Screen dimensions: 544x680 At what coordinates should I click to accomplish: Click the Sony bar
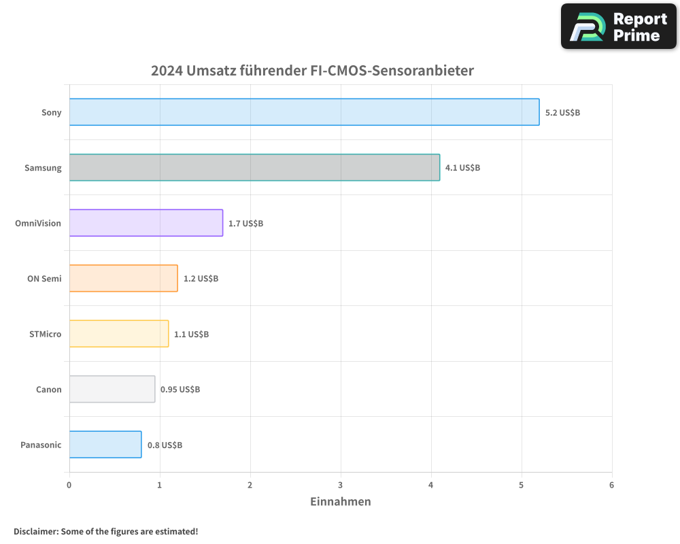(x=304, y=112)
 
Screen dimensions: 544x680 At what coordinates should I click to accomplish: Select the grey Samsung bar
(x=254, y=167)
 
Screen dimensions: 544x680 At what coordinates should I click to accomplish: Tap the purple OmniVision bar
(x=146, y=222)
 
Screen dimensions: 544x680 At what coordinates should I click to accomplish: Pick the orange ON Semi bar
(x=123, y=278)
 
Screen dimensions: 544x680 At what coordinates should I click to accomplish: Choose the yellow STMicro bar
(x=119, y=333)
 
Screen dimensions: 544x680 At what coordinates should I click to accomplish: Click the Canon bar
(x=112, y=389)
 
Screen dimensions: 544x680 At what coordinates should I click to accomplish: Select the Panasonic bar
(x=105, y=445)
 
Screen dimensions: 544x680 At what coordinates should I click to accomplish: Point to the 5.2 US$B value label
(x=562, y=112)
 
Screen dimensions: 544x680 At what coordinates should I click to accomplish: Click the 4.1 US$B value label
(x=462, y=167)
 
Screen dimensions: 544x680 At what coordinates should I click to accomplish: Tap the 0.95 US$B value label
(x=180, y=390)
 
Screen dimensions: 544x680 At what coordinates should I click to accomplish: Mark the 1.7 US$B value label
(x=245, y=223)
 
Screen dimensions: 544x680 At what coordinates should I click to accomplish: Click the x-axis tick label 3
(x=341, y=485)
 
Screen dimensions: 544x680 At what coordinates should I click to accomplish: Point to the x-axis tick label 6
(x=611, y=485)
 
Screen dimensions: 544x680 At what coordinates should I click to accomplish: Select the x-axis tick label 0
(x=69, y=485)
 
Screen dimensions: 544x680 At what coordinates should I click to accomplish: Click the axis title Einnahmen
(x=341, y=502)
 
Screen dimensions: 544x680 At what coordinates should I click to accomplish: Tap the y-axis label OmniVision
(x=38, y=223)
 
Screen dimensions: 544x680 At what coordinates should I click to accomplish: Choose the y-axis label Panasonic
(x=41, y=445)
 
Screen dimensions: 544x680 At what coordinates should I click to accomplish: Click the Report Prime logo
(x=619, y=27)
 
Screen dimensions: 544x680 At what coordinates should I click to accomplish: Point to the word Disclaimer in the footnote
(x=35, y=532)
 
